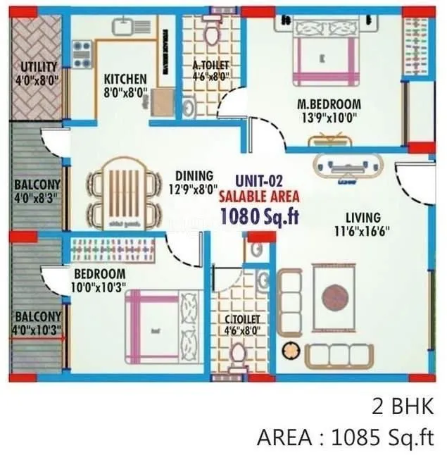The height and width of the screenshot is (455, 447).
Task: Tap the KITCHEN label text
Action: [x=125, y=79]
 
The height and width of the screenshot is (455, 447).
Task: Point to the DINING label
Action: [x=194, y=175]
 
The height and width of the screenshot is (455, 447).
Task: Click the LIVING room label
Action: [x=363, y=218]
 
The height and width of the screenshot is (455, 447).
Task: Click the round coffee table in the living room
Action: [x=335, y=298]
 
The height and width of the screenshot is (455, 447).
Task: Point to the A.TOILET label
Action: [x=211, y=67]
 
